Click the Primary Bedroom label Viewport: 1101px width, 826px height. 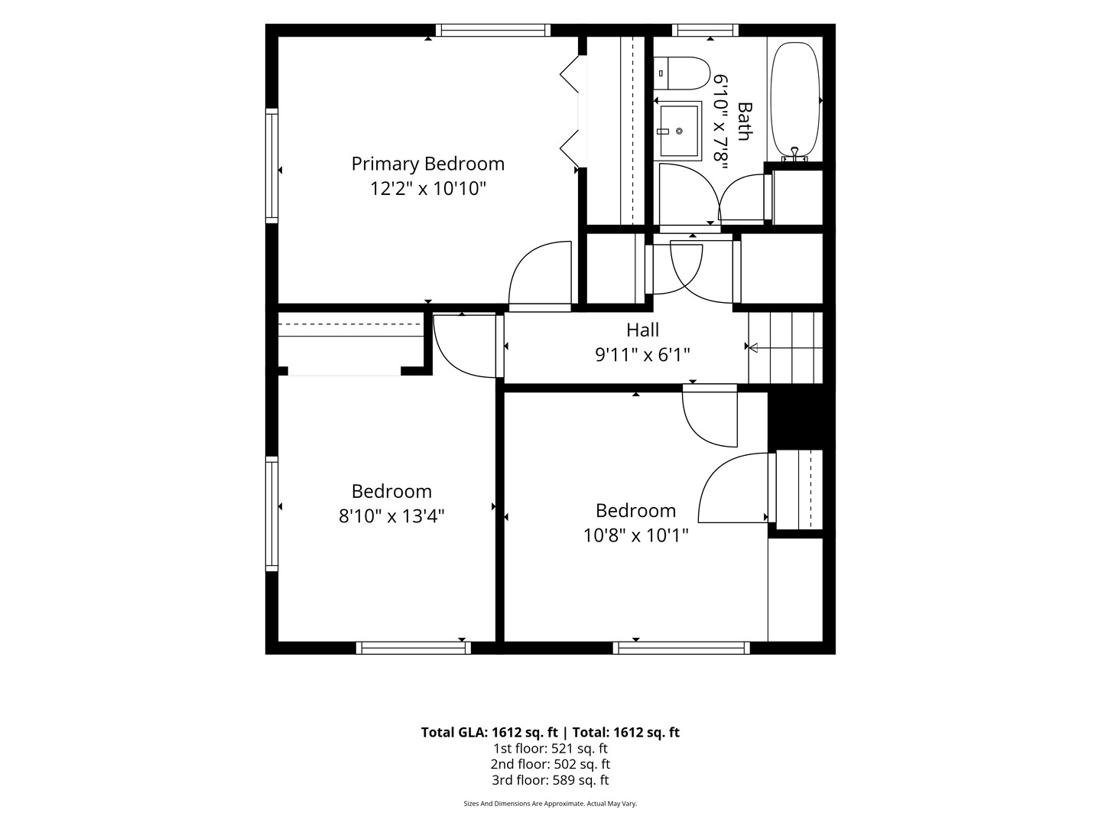[x=427, y=164]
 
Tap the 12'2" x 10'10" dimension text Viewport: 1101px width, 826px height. [x=428, y=189]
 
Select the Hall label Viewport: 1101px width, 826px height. [x=642, y=330]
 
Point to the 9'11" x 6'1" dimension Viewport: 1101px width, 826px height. [x=642, y=355]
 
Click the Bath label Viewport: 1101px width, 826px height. [x=745, y=122]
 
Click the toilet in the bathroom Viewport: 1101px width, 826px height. [x=682, y=73]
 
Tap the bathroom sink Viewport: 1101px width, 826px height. [x=678, y=131]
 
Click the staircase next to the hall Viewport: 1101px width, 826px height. [x=785, y=347]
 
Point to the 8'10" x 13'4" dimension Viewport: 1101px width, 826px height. [x=391, y=516]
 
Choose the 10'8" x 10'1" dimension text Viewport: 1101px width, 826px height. [x=635, y=535]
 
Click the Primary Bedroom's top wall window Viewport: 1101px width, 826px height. [x=493, y=30]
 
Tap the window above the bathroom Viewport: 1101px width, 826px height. [x=705, y=30]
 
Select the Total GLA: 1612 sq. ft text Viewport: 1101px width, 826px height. [x=489, y=733]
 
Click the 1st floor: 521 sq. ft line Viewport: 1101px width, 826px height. [x=550, y=749]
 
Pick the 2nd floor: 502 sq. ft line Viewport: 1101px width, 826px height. [x=550, y=764]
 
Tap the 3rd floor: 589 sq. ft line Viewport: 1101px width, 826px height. [x=550, y=780]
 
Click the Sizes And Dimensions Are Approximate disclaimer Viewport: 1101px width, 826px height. [x=550, y=804]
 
